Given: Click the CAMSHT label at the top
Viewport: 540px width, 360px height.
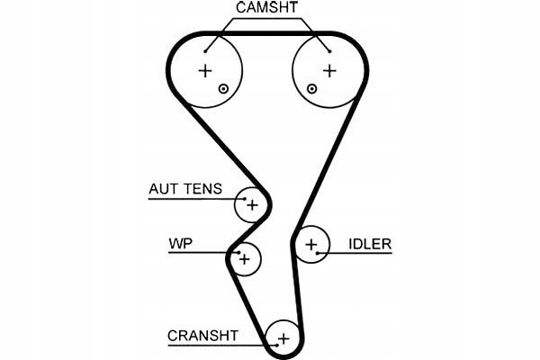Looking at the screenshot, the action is click(266, 7).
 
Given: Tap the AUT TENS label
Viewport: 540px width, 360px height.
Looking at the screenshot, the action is click(185, 189).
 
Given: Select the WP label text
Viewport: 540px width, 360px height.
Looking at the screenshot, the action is click(181, 244).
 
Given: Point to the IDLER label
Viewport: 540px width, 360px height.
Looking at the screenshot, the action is click(370, 244).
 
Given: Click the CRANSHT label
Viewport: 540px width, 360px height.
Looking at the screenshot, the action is click(202, 335).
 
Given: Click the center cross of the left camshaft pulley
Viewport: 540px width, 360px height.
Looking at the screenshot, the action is click(205, 71).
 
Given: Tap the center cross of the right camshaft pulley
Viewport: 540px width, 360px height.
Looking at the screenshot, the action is click(329, 71).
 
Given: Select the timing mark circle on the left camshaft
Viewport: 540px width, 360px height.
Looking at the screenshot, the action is click(223, 89).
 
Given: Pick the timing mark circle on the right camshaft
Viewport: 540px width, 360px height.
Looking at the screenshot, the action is click(311, 89).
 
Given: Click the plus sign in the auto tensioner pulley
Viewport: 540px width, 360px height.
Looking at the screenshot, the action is click(252, 205).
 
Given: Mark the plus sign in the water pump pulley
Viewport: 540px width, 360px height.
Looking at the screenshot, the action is click(245, 259).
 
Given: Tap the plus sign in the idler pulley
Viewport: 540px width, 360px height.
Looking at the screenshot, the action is click(311, 245).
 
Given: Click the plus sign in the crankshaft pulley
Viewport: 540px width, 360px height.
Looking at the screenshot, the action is click(283, 339).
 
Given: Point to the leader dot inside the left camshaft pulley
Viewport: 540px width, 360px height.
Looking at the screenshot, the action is click(205, 51).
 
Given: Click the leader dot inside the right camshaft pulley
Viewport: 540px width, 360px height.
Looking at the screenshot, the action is click(330, 51).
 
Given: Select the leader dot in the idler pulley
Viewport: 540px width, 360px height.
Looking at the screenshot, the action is click(318, 253).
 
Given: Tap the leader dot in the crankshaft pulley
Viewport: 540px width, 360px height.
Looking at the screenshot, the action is click(277, 345).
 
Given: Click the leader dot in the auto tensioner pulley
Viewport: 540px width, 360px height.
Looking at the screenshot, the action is click(245, 199).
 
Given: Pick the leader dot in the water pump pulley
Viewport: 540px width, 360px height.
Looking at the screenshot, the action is click(238, 253).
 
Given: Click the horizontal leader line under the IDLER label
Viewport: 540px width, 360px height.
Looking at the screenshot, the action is click(355, 253).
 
